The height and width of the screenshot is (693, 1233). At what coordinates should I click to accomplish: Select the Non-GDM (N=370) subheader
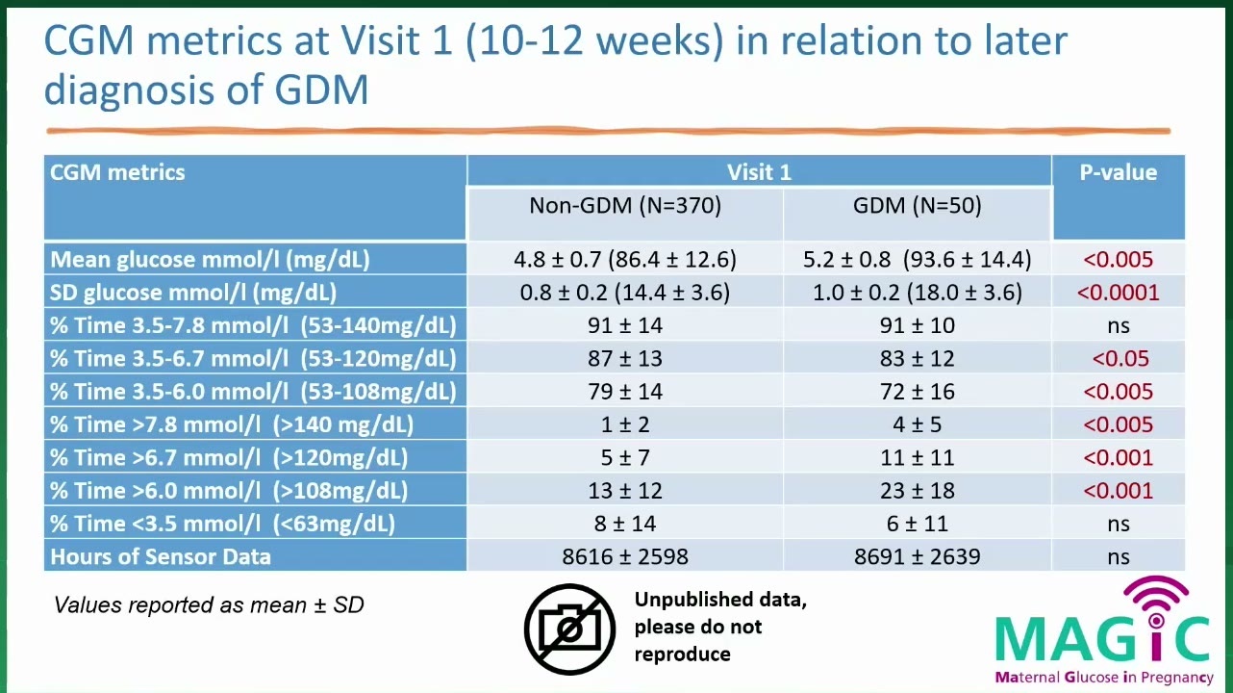tap(625, 205)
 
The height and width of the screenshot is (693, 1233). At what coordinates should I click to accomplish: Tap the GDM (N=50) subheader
tap(917, 205)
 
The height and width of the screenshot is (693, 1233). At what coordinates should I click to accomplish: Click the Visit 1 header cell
tap(759, 172)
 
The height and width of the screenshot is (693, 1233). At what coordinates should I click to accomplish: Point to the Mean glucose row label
tap(210, 260)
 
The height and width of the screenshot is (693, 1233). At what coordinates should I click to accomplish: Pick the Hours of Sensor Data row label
tap(161, 556)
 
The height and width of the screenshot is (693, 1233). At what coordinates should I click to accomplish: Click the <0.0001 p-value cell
tap(1118, 293)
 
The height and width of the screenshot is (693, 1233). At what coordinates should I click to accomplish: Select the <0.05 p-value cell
tap(1120, 359)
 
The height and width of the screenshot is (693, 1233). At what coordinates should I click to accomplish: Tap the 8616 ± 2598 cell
tap(625, 556)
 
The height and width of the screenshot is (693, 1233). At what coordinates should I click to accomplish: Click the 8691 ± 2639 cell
tap(917, 556)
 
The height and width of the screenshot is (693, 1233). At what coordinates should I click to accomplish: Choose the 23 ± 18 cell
tap(917, 490)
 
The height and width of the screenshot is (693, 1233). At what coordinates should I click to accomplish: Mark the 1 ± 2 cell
tap(625, 424)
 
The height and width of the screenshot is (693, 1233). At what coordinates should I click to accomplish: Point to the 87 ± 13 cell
tap(625, 359)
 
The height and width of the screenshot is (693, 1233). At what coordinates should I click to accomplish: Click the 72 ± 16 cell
tap(917, 392)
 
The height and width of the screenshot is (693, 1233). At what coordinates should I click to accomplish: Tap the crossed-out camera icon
tap(569, 629)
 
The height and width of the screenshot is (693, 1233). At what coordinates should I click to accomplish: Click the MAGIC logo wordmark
tap(1102, 639)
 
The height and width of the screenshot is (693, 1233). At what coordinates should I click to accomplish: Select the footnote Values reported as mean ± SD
tap(209, 604)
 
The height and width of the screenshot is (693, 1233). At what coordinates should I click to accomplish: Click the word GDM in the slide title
tap(321, 90)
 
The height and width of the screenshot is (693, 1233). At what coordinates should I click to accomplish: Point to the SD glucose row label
tap(193, 293)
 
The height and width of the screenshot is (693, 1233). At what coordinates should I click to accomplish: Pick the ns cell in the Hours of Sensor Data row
tap(1118, 557)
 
